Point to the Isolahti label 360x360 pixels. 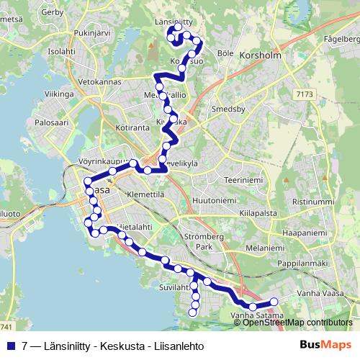61,51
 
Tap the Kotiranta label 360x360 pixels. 130,127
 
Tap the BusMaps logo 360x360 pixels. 326,345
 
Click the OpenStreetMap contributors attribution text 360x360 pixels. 296,322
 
